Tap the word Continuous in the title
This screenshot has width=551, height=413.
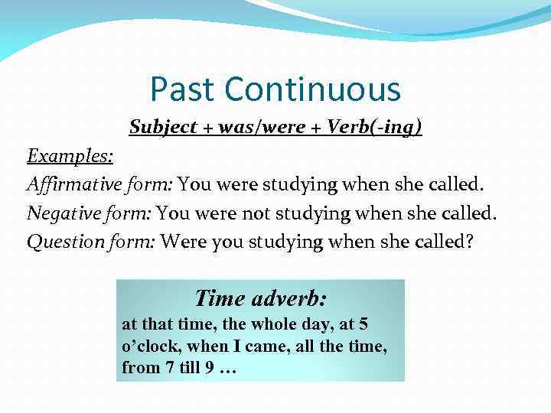[x=312, y=89]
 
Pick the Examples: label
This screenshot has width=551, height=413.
[x=70, y=156]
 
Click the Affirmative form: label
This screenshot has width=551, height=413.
[x=102, y=184]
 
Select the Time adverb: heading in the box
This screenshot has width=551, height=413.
[x=260, y=298]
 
